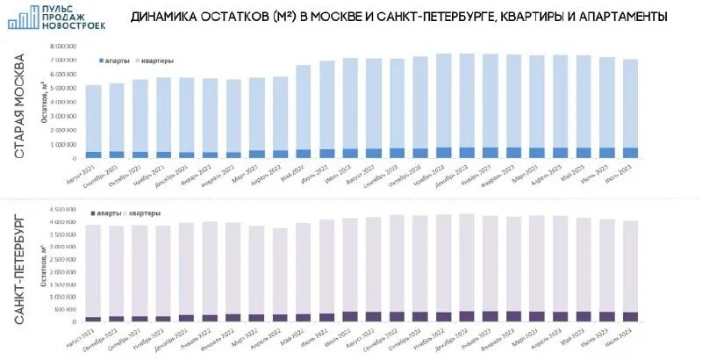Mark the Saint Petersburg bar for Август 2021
click(94, 272)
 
